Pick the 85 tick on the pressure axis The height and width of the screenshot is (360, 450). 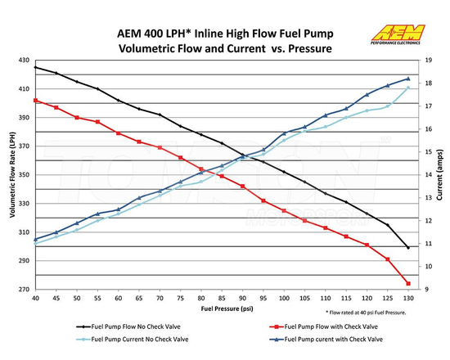222,299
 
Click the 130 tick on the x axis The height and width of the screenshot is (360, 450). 407,299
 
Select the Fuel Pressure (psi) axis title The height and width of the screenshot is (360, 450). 221,310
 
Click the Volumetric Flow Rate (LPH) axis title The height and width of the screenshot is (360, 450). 11,174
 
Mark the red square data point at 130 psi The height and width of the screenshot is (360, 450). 407,283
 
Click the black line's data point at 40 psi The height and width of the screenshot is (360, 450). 36,67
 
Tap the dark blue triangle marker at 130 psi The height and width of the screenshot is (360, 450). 407,79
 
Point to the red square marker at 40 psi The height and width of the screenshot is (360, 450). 36,100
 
